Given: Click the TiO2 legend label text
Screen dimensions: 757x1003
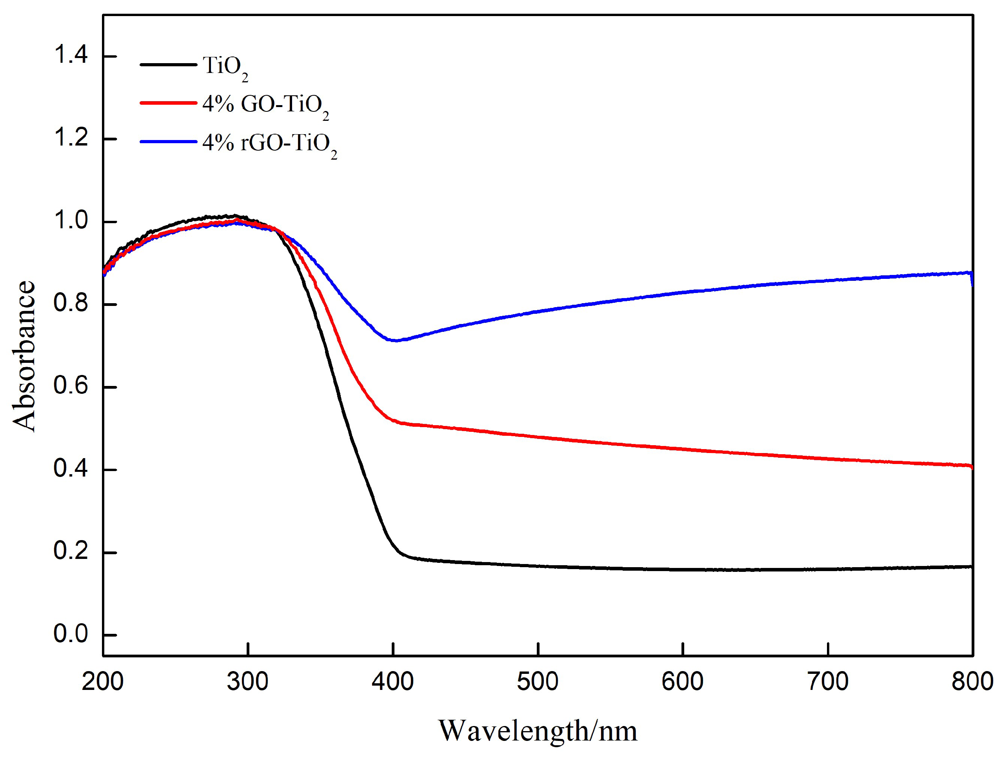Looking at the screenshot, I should (x=224, y=67).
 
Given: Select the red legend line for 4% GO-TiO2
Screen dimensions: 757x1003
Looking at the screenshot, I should (x=168, y=103).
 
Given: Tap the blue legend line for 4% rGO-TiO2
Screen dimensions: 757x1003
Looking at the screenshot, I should (x=168, y=142).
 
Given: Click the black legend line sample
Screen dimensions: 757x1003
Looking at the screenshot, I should (x=168, y=64).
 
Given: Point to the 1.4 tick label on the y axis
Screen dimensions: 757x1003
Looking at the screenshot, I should (x=70, y=55).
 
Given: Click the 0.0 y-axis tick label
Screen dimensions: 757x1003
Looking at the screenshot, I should (x=70, y=633).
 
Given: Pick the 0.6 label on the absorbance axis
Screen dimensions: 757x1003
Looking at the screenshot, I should (x=70, y=386).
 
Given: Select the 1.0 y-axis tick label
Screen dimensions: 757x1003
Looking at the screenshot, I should (x=70, y=221).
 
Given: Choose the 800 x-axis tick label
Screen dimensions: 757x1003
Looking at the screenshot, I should (x=972, y=682).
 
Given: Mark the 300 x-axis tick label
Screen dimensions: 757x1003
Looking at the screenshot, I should (x=247, y=682).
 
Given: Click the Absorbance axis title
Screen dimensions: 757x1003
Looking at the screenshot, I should (x=24, y=356).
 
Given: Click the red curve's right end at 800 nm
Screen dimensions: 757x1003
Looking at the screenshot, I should (x=970, y=466).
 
